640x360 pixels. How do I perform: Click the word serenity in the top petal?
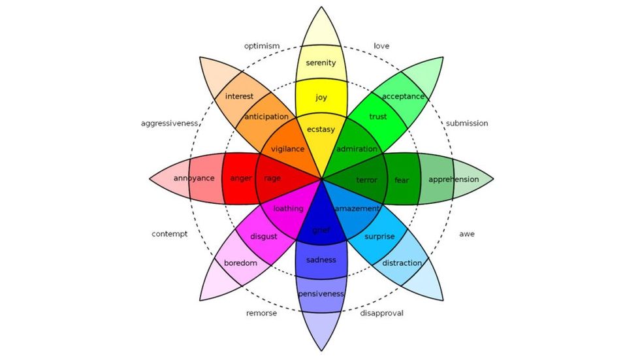pyautogui.click(x=321, y=63)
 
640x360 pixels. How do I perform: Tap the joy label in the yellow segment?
pyautogui.click(x=321, y=97)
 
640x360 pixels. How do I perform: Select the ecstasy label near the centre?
pyautogui.click(x=321, y=129)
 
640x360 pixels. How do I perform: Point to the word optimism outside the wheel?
pyautogui.click(x=262, y=46)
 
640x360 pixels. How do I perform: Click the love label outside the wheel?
pyautogui.click(x=381, y=46)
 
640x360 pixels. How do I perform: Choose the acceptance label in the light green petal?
pyautogui.click(x=403, y=97)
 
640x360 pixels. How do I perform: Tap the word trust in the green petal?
pyautogui.click(x=378, y=117)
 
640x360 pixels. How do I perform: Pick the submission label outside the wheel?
pyautogui.click(x=467, y=123)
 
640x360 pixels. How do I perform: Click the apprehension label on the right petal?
pyautogui.click(x=453, y=179)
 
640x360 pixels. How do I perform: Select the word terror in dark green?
pyautogui.click(x=367, y=180)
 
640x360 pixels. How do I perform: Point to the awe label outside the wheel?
pyautogui.click(x=467, y=233)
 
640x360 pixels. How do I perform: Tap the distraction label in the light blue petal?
pyautogui.click(x=402, y=263)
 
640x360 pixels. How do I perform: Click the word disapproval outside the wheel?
pyautogui.click(x=382, y=313)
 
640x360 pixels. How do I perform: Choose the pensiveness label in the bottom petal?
pyautogui.click(x=321, y=294)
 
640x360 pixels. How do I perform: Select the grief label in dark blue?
pyautogui.click(x=321, y=229)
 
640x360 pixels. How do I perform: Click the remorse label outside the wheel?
pyautogui.click(x=262, y=313)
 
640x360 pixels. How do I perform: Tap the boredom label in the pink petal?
pyautogui.click(x=240, y=263)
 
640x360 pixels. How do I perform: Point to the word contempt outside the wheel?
pyautogui.click(x=170, y=233)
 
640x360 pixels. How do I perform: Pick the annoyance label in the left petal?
pyautogui.click(x=194, y=178)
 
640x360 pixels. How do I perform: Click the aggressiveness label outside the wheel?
pyautogui.click(x=170, y=123)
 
